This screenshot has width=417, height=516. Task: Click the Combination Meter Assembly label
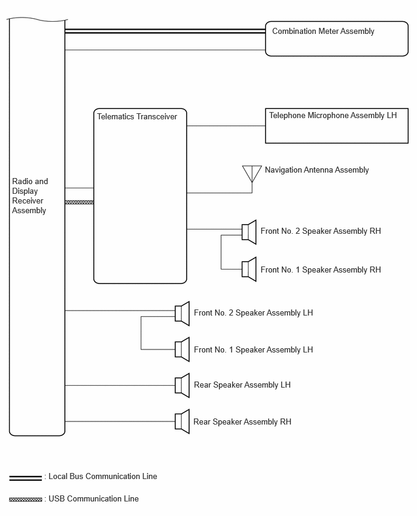click(x=323, y=31)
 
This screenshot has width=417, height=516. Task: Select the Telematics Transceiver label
click(x=137, y=116)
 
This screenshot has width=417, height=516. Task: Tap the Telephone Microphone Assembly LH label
click(x=333, y=116)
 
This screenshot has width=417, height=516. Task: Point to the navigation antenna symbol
click(x=252, y=174)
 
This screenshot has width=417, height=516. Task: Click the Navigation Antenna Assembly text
click(x=317, y=170)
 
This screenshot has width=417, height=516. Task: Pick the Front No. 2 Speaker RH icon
click(x=249, y=232)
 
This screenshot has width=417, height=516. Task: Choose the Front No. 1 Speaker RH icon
click(x=249, y=269)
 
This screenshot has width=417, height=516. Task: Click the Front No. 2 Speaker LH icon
click(x=182, y=313)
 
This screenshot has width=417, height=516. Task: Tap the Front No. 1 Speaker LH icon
click(x=182, y=349)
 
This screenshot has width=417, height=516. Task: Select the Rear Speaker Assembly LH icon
click(x=182, y=385)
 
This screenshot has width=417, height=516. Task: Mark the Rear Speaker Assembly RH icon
click(x=182, y=422)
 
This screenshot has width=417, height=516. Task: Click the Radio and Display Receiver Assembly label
click(x=30, y=196)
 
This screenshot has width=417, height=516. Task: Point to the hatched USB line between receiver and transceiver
click(x=79, y=202)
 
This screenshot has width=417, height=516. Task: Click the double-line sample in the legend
click(x=25, y=478)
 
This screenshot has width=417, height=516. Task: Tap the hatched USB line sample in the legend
click(x=25, y=500)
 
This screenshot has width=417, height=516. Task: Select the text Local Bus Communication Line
click(x=103, y=477)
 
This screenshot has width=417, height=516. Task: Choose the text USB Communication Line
click(x=93, y=499)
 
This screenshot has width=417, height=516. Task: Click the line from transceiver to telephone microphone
click(x=226, y=126)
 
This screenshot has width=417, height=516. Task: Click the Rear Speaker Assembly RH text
click(x=242, y=422)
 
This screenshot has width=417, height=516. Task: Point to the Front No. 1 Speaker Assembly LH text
click(x=253, y=349)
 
